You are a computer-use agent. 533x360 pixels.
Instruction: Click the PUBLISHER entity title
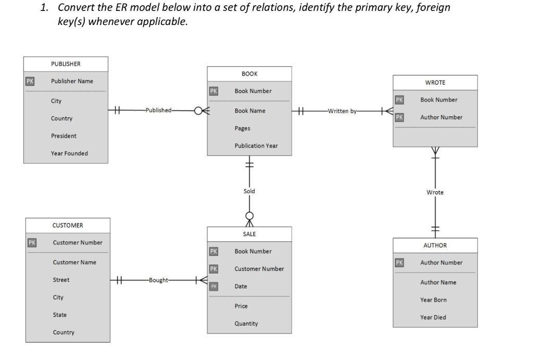pos(66,64)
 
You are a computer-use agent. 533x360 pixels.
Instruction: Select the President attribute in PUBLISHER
pos(64,136)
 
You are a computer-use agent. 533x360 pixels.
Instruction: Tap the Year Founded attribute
pos(69,153)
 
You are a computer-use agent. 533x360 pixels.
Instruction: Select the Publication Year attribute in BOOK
pos(256,146)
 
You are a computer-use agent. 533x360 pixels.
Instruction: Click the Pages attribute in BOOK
pos(242,128)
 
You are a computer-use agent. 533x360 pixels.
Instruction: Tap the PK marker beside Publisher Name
pos(31,81)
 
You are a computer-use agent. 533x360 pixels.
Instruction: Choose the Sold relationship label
pos(249,191)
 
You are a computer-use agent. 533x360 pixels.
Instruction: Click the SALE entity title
pos(249,234)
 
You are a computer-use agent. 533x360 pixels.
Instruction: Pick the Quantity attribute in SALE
pos(246,324)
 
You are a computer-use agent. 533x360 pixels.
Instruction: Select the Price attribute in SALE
pos(241,306)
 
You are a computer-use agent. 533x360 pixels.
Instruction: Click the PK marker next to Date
pos(213,287)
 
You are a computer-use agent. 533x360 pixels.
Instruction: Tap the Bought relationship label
pos(159,280)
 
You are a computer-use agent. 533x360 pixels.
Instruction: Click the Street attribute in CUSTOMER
pos(61,280)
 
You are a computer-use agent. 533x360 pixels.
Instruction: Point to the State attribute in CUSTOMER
pos(59,315)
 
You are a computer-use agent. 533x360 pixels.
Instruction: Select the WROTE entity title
pos(435,82)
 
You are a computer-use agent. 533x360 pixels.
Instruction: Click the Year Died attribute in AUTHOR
pos(433,317)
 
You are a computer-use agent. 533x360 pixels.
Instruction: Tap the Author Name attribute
pos(438,282)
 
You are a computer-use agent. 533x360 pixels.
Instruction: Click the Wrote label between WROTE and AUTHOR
pos(435,192)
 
